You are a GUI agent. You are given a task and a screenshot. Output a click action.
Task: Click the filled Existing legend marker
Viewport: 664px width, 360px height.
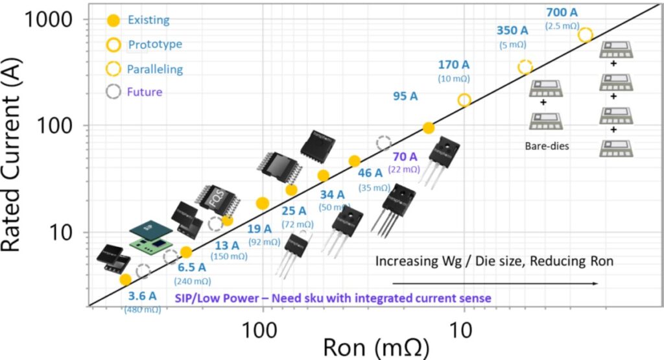pyautogui.click(x=113, y=20)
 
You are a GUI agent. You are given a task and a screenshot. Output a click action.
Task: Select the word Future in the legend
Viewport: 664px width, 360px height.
pyautogui.click(x=145, y=92)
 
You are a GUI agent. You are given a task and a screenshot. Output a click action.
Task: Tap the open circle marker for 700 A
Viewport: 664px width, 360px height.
pyautogui.click(x=585, y=35)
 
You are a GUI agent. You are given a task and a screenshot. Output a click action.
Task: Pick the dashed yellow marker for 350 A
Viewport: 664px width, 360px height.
pyautogui.click(x=525, y=67)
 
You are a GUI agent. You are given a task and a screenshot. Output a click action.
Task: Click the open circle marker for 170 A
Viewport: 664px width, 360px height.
pyautogui.click(x=464, y=100)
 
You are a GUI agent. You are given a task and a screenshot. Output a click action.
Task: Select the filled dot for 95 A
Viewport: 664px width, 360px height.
pyautogui.click(x=428, y=128)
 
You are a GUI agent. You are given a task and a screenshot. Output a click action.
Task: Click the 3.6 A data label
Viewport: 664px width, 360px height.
pyautogui.click(x=142, y=296)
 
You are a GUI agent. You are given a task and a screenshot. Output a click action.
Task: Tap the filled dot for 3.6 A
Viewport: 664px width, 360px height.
pyautogui.click(x=126, y=280)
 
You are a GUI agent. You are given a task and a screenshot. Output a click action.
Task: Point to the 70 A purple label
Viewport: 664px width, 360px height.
pyautogui.click(x=405, y=157)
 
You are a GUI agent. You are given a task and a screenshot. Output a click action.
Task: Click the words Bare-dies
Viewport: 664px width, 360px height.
pyautogui.click(x=547, y=146)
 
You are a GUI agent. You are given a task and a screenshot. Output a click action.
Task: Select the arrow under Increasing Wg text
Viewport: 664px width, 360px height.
pyautogui.click(x=493, y=283)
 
